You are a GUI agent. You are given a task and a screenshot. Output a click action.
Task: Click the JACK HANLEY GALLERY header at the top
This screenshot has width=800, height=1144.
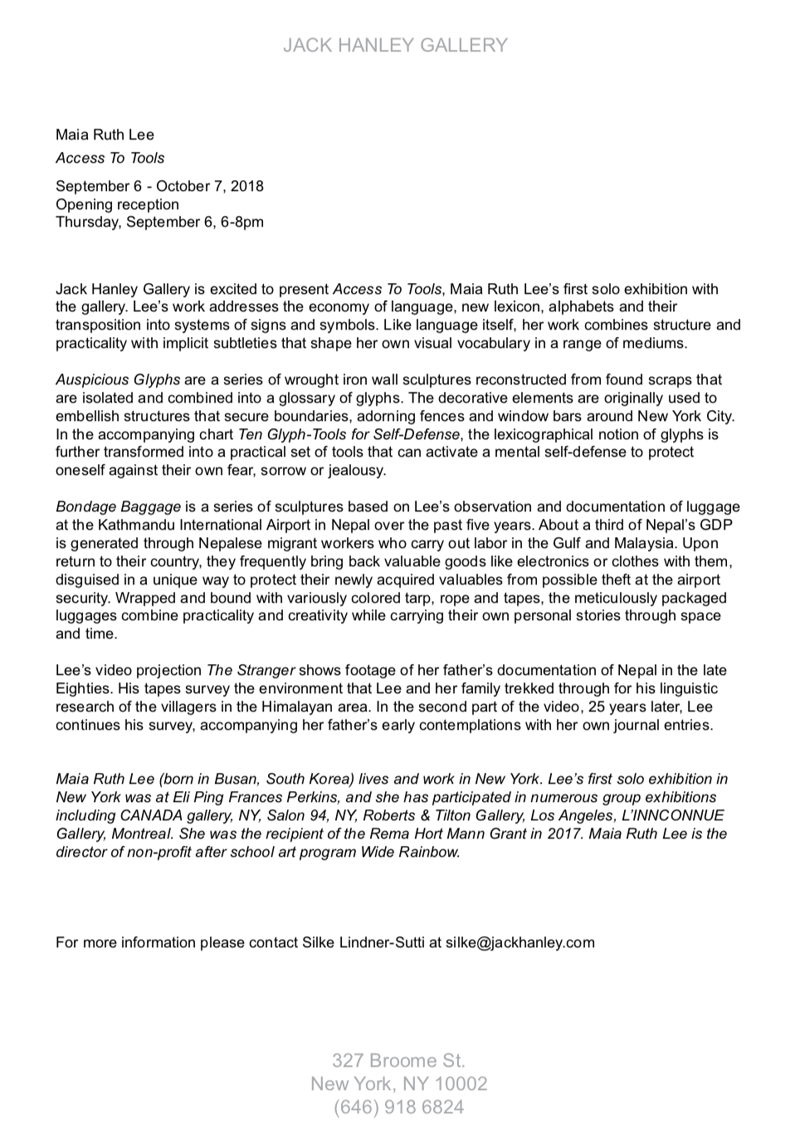point(395,46)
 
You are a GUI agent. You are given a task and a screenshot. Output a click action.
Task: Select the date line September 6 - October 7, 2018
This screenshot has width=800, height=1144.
point(159,186)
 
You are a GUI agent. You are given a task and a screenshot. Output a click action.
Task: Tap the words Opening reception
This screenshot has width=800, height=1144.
point(117,204)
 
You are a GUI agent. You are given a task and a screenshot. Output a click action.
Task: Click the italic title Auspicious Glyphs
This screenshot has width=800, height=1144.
point(118,379)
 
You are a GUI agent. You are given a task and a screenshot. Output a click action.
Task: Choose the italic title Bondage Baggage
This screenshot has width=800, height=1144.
point(118,506)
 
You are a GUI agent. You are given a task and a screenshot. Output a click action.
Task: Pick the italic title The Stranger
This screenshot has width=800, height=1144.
point(250,670)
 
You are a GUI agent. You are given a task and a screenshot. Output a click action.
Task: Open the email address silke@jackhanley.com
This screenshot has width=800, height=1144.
point(520,942)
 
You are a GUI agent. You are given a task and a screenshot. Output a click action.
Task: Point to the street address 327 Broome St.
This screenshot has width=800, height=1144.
point(398,1060)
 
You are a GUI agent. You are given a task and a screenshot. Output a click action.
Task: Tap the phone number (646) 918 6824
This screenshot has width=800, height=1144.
point(398,1107)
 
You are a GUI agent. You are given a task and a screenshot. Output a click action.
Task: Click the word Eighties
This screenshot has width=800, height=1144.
point(82,688)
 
